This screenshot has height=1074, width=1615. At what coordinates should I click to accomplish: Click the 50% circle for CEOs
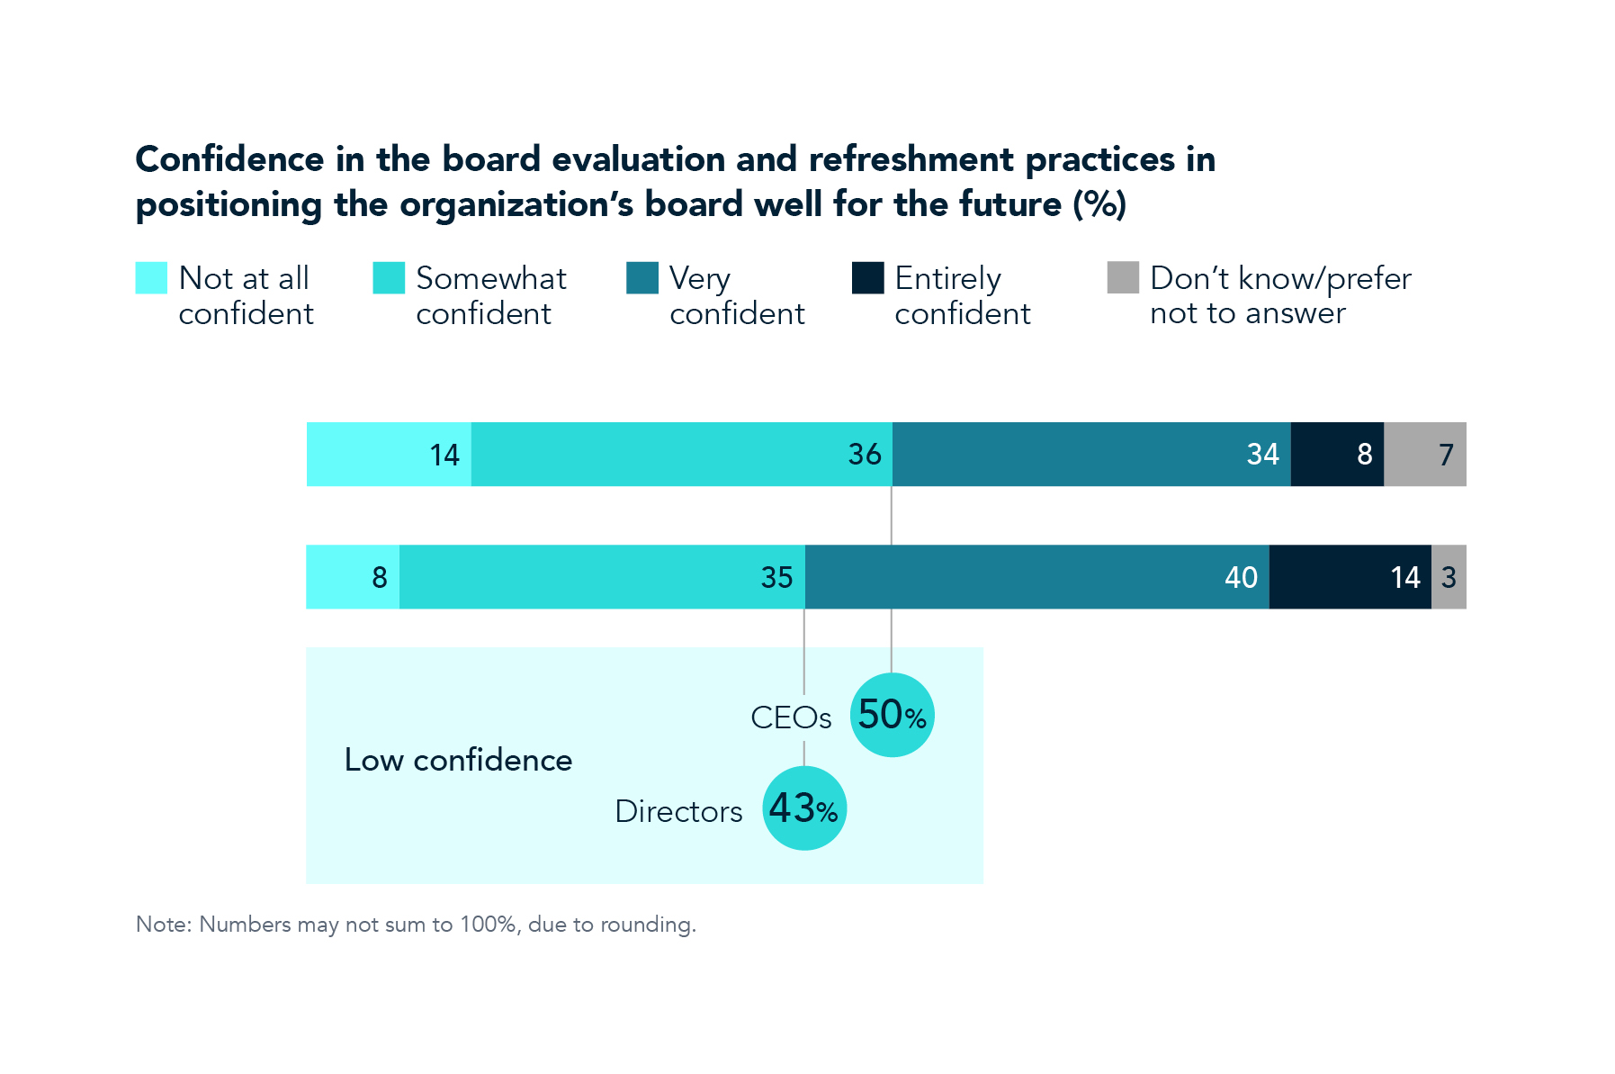[x=892, y=715]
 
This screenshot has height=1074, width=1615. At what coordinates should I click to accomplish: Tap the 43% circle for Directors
[x=803, y=808]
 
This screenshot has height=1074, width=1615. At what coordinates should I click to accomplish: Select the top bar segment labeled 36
[x=681, y=454]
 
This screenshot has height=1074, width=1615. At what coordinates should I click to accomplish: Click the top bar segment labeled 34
[x=1090, y=454]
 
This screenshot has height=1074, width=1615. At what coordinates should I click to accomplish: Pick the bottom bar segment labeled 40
[x=1036, y=576]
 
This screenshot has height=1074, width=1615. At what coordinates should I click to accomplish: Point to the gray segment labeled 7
[x=1424, y=454]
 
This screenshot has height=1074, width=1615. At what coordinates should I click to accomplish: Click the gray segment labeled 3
[x=1448, y=576]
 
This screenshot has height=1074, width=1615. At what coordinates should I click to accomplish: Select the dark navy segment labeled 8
[x=1337, y=454]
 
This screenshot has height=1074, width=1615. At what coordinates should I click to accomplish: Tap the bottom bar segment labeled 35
[x=602, y=576]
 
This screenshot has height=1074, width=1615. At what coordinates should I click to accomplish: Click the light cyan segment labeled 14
[x=389, y=454]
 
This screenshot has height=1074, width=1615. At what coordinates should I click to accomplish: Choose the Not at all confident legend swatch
[x=151, y=277]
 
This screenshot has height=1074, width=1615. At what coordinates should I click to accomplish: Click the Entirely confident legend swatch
[x=867, y=277]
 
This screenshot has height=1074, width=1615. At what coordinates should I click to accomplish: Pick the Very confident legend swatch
[x=642, y=277]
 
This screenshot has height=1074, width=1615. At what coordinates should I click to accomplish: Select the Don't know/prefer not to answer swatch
[x=1122, y=277]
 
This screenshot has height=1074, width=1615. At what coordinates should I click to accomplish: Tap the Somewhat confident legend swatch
[x=389, y=277]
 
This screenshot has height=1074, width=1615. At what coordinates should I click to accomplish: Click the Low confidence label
[x=458, y=760]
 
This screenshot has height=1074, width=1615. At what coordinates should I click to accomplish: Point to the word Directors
[x=678, y=811]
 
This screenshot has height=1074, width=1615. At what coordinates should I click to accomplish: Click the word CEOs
[x=791, y=718]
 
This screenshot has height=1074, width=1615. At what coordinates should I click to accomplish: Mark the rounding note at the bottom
[x=416, y=925]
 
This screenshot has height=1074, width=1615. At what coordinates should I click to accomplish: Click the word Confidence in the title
[x=229, y=159]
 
